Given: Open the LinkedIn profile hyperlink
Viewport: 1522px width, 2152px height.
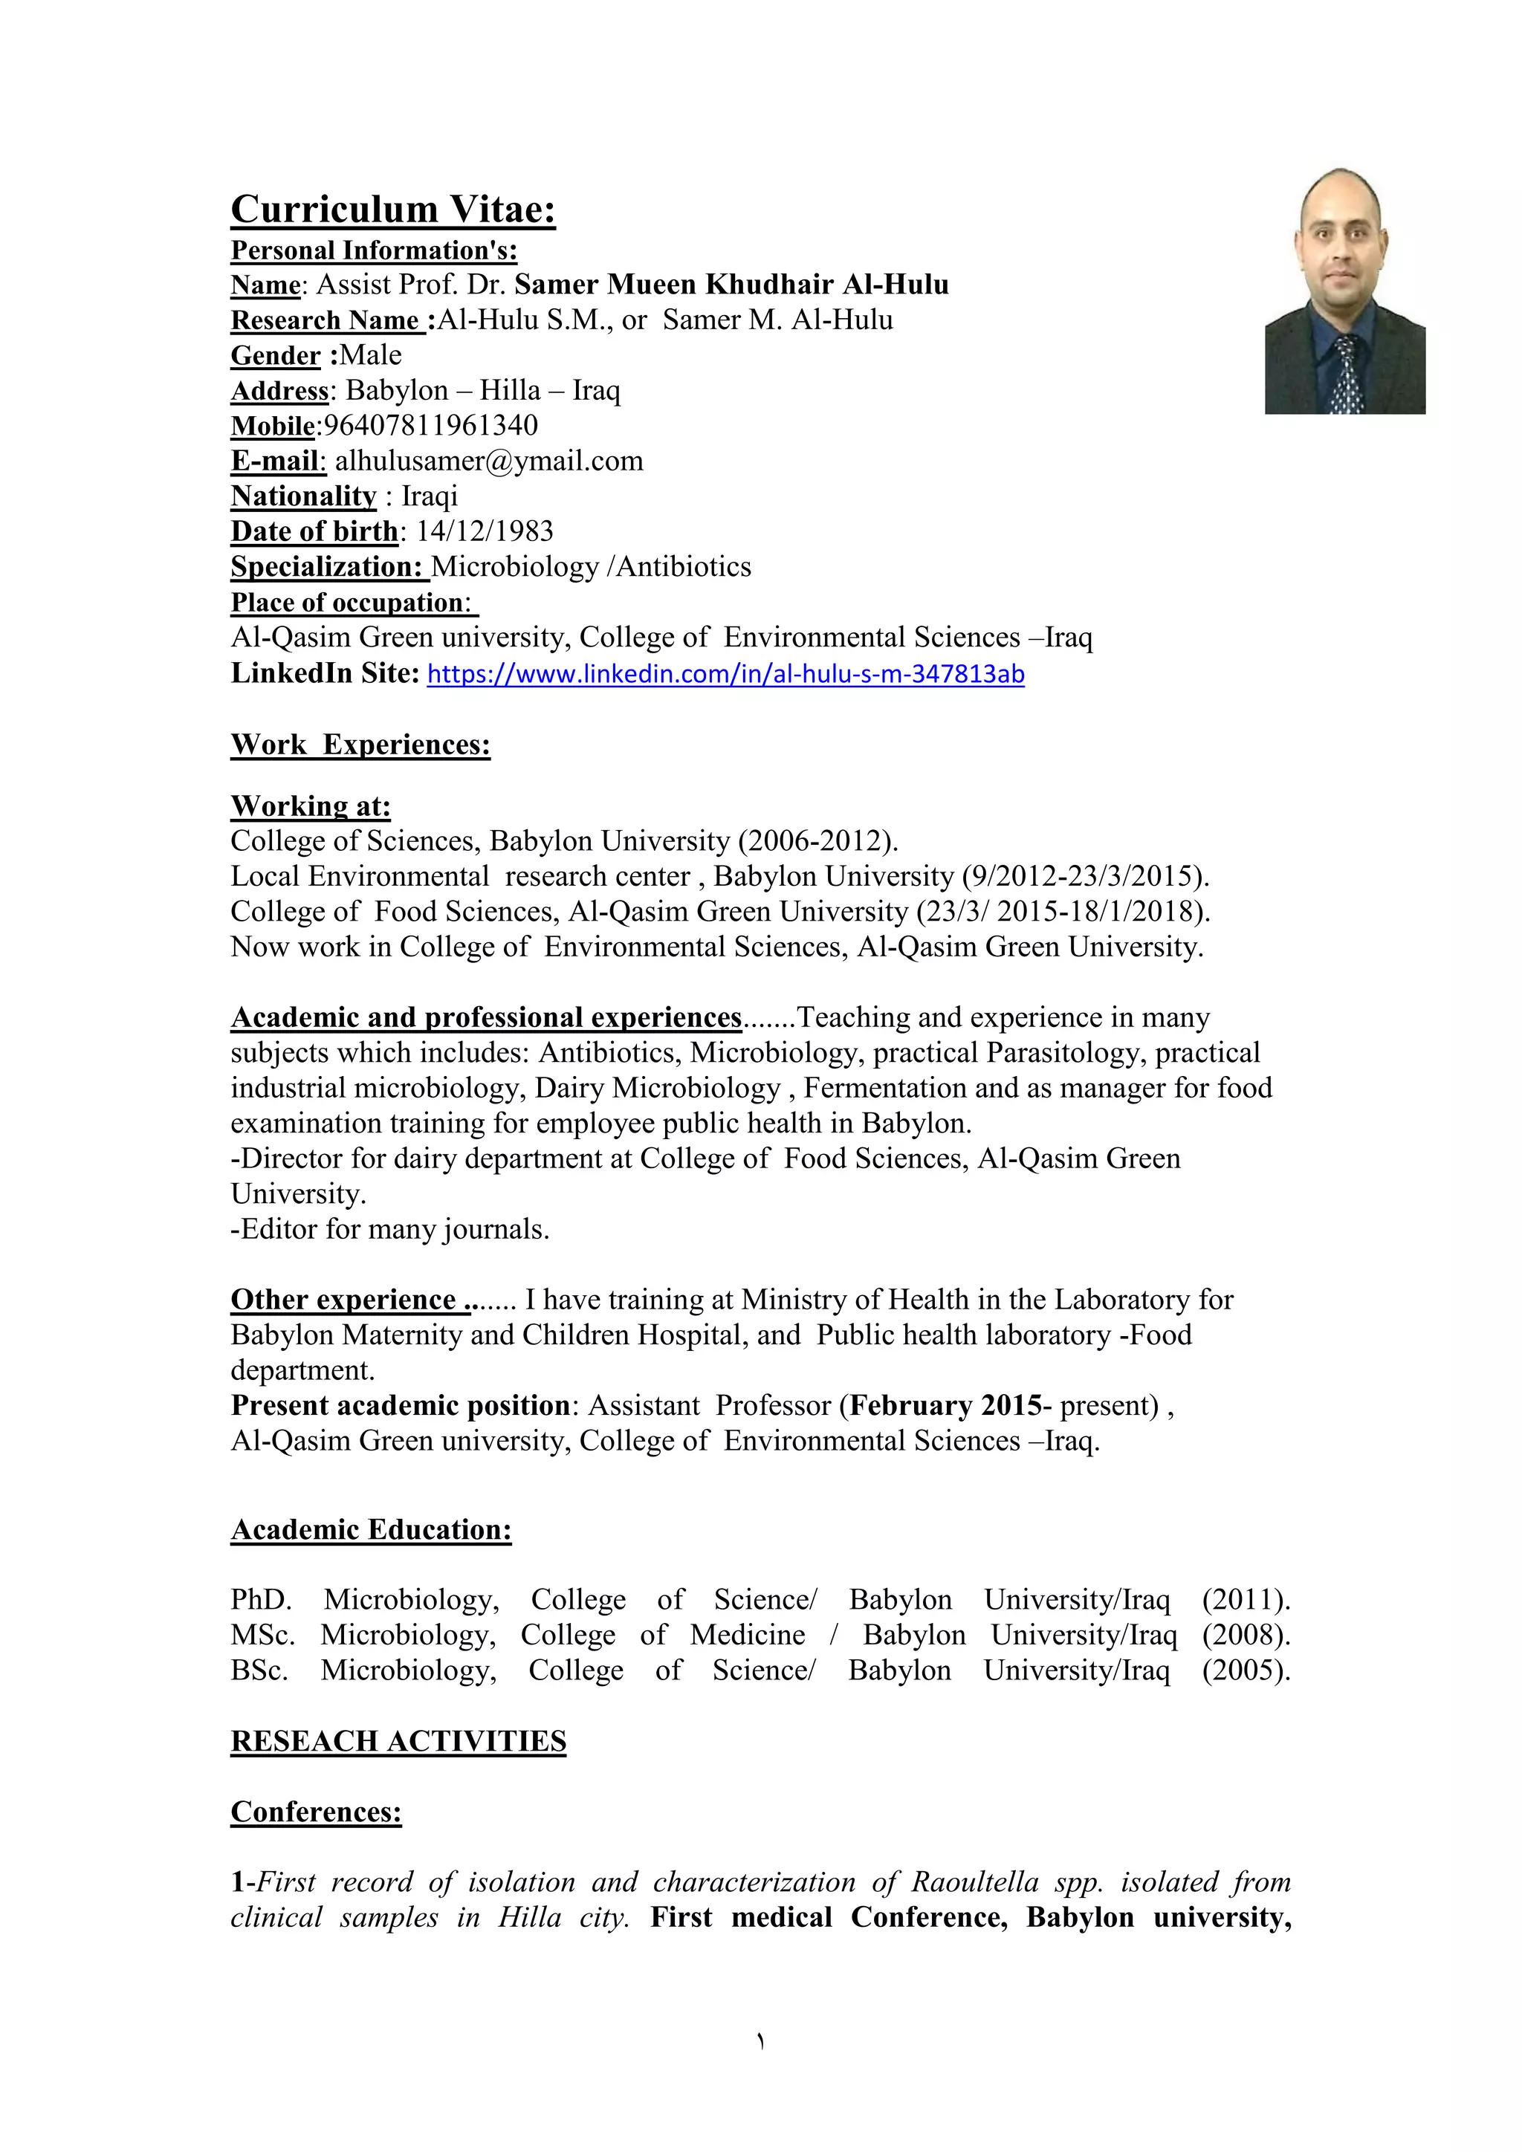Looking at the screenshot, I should [x=725, y=674].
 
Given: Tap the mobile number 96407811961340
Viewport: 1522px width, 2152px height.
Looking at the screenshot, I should [x=430, y=426].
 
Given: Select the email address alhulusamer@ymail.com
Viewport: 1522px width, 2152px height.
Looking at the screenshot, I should [x=489, y=461].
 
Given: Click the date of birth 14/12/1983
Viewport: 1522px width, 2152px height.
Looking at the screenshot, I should [x=485, y=531].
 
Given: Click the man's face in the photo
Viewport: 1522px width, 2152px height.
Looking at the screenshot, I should [x=1341, y=244].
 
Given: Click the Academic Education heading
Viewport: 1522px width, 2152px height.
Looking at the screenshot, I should [x=371, y=1529].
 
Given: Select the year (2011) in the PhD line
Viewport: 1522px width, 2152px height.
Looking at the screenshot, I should [x=1246, y=1600].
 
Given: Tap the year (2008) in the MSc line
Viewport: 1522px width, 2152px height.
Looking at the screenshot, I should [x=1246, y=1636].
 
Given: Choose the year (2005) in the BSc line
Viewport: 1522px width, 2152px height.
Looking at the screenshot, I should [x=1246, y=1670].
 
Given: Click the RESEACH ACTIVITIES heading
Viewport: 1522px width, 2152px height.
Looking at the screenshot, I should [x=398, y=1742].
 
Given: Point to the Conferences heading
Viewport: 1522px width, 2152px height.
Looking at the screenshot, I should [x=316, y=1812].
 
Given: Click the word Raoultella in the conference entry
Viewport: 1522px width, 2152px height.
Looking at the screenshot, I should [x=975, y=1882].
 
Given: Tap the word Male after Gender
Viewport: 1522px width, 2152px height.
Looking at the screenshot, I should [x=370, y=355].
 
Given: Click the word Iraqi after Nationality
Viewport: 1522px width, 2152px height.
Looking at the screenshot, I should [x=430, y=496].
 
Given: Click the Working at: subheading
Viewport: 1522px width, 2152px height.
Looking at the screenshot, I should [x=310, y=806].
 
